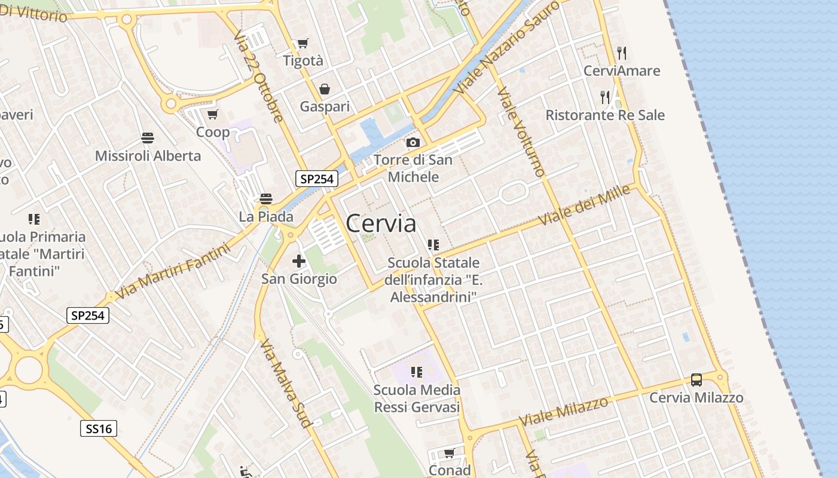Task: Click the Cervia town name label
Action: (x=381, y=223)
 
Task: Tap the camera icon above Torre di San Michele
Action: (x=413, y=142)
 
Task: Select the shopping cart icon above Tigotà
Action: (x=303, y=43)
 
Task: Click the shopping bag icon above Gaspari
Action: (x=324, y=89)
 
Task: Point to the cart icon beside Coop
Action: (x=212, y=114)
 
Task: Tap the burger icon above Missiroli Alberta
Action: (x=148, y=138)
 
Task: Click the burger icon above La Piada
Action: (x=266, y=198)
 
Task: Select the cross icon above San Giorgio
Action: (x=298, y=261)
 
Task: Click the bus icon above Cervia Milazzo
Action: (x=696, y=379)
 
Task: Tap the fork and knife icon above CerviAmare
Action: (x=622, y=53)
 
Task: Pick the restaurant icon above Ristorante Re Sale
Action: (x=605, y=97)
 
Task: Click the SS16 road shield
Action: (x=99, y=428)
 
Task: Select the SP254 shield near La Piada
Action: (x=317, y=178)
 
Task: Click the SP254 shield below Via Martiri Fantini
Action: (x=87, y=315)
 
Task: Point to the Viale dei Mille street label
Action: (x=585, y=205)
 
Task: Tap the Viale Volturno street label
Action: (x=520, y=132)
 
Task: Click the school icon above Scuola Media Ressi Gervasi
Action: (x=417, y=372)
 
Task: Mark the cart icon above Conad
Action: (x=449, y=453)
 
